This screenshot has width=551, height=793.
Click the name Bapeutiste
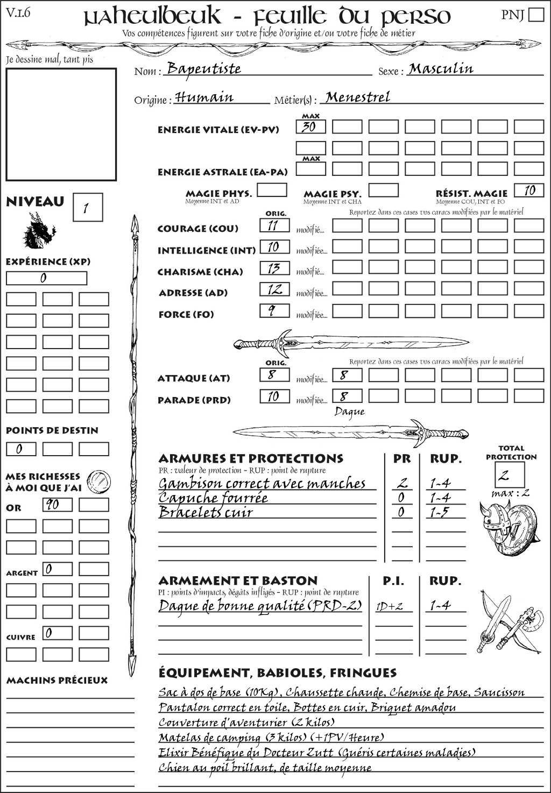coord(203,69)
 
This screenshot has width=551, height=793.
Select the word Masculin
coord(441,69)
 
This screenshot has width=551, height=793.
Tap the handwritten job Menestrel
coord(358,97)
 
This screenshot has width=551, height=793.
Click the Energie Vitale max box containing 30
coord(310,127)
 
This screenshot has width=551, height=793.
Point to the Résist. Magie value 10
coord(529,190)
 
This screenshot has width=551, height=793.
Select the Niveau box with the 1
coord(87,208)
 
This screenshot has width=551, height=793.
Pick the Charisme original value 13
coord(274,268)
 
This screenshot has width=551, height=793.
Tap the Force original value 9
coord(274,310)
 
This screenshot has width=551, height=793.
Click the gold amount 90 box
coord(57,505)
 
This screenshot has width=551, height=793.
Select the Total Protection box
coord(510,475)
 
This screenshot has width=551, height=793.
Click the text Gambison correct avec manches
coord(262,484)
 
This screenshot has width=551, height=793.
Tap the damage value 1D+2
coord(390,606)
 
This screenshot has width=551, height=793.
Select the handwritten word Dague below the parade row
coord(349,412)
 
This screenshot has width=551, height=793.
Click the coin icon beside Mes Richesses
coord(99,480)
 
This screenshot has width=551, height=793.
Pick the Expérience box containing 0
coord(46,278)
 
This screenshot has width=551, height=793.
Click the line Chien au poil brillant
coord(265,768)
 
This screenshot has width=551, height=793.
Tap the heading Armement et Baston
coord(238,581)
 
